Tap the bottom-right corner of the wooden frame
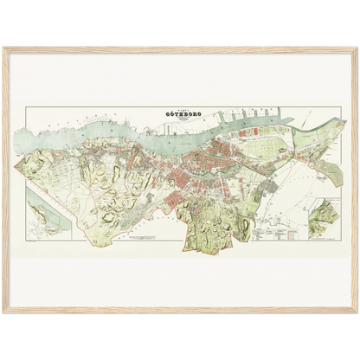click(357, 312)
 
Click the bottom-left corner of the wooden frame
click(3, 312)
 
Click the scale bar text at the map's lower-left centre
click(138, 238)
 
